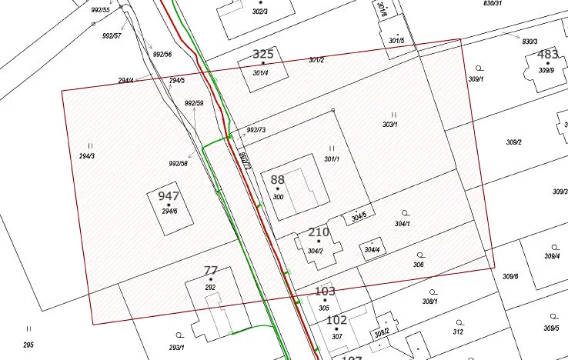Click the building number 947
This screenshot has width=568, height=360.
point(169,196)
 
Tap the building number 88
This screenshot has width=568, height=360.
point(277,179)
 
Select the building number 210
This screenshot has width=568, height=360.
point(318,232)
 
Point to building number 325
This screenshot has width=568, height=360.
point(263,55)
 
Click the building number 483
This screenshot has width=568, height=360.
point(547,55)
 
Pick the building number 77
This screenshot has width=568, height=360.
point(211,270)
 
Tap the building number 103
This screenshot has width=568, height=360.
point(326,292)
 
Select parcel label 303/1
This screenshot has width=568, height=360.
point(390,125)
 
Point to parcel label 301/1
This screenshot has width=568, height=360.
point(332,159)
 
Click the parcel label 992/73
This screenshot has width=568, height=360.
point(256,130)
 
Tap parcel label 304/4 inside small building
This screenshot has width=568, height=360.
point(373,250)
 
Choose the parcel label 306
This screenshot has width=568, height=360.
point(418,265)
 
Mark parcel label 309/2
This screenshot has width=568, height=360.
point(513,142)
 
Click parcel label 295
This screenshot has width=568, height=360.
point(28,345)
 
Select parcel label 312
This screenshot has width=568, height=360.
point(458,332)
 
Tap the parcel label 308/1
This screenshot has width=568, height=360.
point(429,301)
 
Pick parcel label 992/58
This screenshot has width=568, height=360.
point(178,164)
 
